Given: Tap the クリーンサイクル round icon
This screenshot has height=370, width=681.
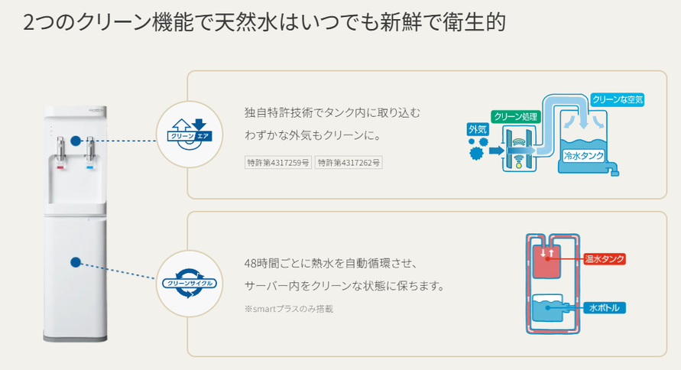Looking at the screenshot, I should pos(188,283).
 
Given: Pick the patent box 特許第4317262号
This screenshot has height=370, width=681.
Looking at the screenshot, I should pos(349,162).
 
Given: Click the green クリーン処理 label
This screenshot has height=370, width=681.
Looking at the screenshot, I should pos(517,117).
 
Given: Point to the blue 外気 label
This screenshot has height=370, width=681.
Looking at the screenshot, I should pos(477,129).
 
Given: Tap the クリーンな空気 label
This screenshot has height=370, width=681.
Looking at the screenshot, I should pos(618,99).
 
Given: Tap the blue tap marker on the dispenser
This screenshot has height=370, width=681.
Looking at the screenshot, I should pos(91,164).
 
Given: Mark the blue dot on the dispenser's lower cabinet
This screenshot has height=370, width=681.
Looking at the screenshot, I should pos(75,262).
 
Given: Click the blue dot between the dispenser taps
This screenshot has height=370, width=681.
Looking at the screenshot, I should pos(75,141).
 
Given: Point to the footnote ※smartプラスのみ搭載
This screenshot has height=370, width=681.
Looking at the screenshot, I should pos(288,309).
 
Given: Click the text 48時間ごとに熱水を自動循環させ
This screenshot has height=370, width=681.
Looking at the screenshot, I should pos(329,264).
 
